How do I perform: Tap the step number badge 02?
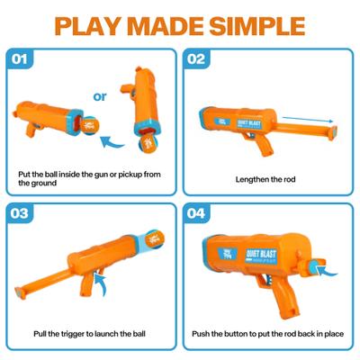pos(196,59)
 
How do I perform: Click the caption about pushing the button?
pos(268,334)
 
